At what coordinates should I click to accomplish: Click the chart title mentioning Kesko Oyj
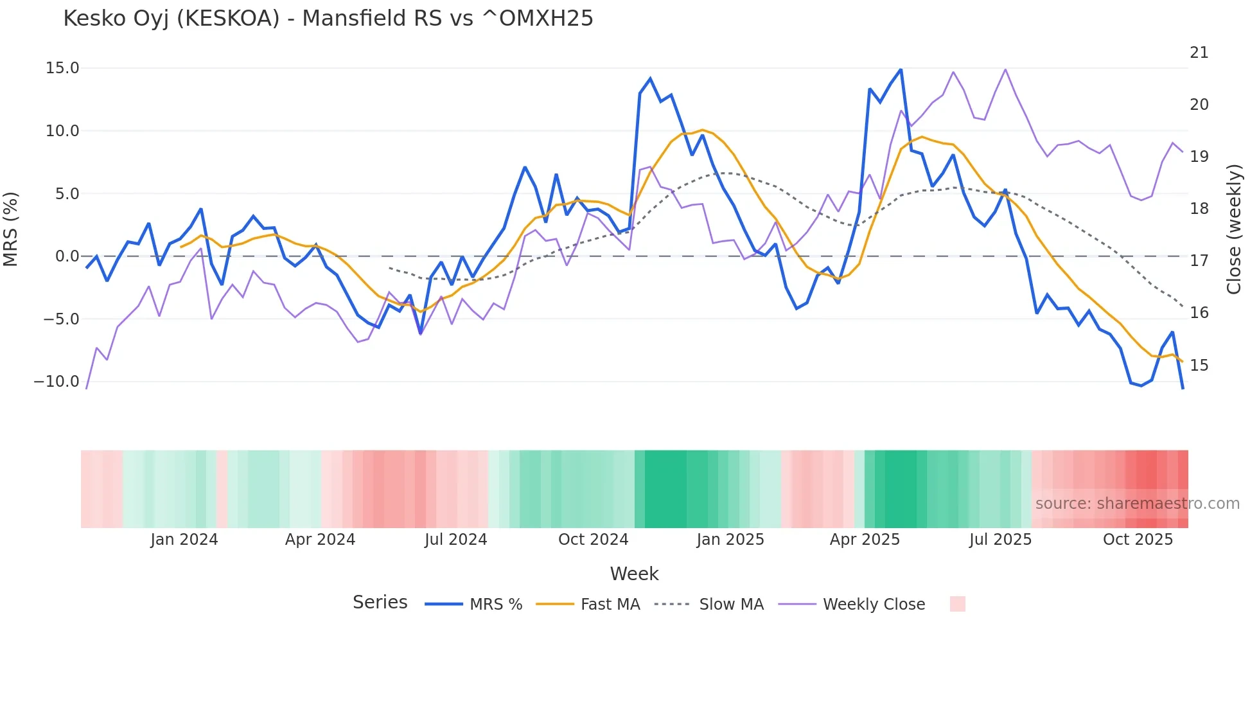[328, 19]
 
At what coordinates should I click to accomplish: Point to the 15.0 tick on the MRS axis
[62, 68]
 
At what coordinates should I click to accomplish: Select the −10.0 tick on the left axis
[57, 382]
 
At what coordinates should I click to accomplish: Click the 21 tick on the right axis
[1199, 53]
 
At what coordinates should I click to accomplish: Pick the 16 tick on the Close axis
[1199, 313]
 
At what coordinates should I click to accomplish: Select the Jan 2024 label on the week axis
[184, 540]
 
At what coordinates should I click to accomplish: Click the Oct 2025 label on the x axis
[1138, 540]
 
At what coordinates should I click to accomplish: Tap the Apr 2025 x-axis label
[865, 540]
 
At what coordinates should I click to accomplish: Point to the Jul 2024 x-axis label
[455, 540]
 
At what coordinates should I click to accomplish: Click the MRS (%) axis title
[11, 229]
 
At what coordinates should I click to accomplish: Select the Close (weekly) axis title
[1234, 229]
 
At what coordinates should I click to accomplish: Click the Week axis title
[634, 574]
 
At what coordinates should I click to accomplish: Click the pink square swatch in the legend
[957, 604]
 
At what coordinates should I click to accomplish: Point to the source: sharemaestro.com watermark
[1137, 504]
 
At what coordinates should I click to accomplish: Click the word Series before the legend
[380, 603]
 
